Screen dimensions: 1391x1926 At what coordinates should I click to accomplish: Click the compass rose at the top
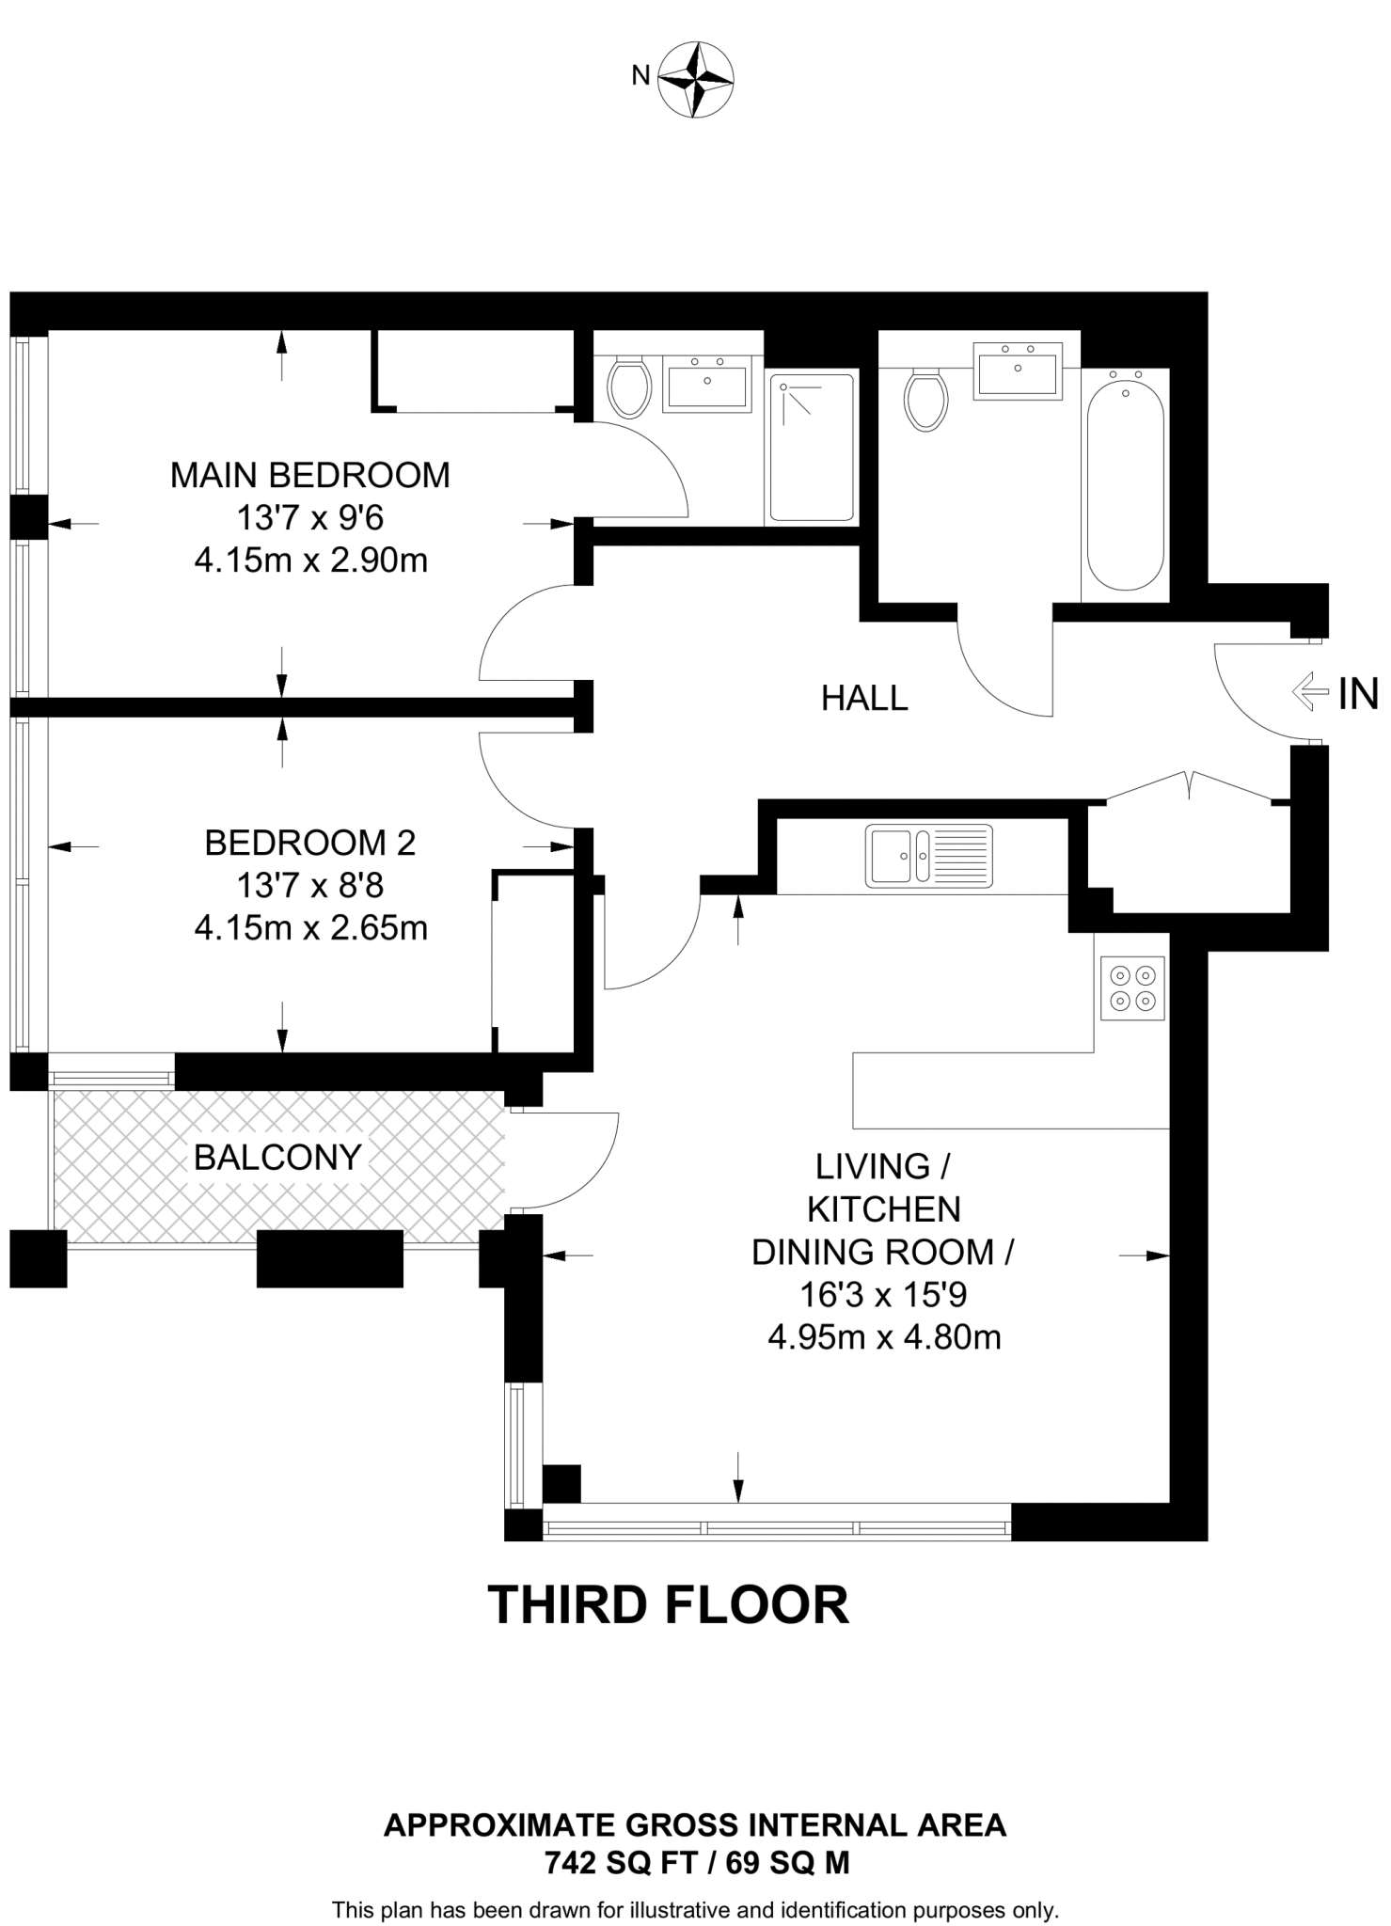[x=695, y=79]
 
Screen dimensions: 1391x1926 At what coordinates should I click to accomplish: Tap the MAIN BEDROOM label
[x=309, y=475]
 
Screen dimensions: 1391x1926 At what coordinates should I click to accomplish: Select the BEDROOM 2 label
[x=309, y=843]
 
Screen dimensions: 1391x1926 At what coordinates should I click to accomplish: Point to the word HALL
[x=864, y=698]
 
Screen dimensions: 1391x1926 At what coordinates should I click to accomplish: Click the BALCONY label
[x=277, y=1157]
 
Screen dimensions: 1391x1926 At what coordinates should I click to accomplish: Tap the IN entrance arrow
[x=1317, y=693]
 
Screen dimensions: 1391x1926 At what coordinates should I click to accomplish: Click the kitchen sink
[x=929, y=855]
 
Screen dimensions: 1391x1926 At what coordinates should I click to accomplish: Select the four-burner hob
[x=1133, y=988]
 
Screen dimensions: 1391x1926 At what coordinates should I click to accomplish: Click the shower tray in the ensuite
[x=813, y=448]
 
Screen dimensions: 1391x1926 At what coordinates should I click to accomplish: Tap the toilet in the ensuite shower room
[x=629, y=387]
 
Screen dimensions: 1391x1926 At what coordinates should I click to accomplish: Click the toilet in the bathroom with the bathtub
[x=926, y=400]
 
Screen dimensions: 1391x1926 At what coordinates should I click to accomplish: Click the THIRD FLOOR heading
[x=669, y=1605]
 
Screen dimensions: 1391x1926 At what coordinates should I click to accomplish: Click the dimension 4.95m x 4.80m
[x=884, y=1337]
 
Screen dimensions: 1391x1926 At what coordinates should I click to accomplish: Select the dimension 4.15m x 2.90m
[x=310, y=560]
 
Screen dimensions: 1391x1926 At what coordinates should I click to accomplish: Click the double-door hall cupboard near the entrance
[x=1189, y=855]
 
